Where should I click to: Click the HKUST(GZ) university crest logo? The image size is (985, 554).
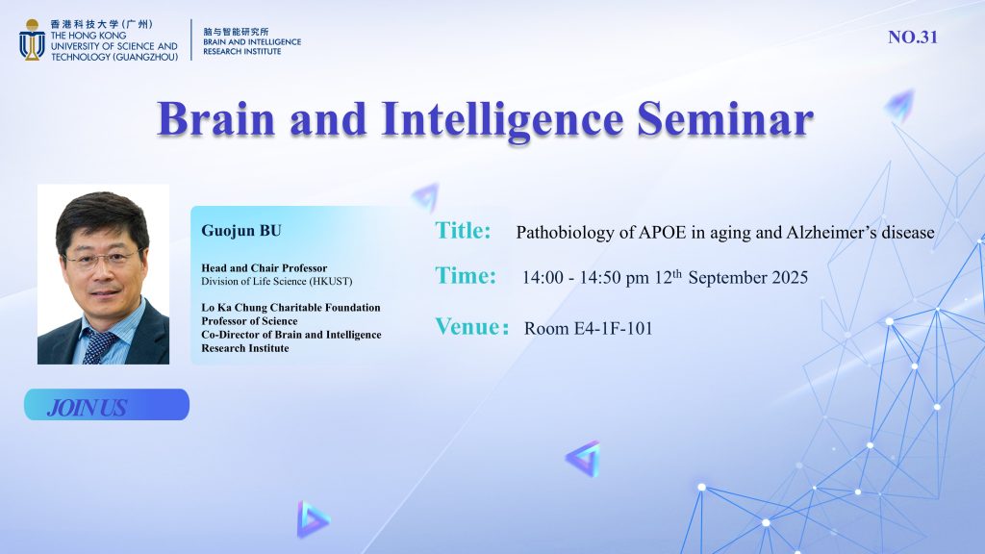[x=32, y=40]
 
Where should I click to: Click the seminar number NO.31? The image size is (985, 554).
[x=913, y=38]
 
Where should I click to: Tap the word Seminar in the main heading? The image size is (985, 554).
[x=725, y=119]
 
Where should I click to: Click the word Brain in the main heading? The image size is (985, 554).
[x=216, y=119]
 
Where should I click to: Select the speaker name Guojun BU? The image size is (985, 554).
[x=241, y=231]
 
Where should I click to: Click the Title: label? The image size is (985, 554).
[x=463, y=231]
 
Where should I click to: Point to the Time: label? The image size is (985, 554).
[x=466, y=276]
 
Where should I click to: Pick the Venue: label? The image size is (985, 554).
[x=471, y=327]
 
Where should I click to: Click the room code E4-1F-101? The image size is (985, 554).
[x=613, y=329]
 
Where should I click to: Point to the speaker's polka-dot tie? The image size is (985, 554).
[x=99, y=346]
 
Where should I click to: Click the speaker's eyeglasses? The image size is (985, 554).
[x=102, y=259]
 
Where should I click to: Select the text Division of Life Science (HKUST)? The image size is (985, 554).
[x=276, y=282]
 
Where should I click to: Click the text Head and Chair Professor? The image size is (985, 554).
[x=264, y=268]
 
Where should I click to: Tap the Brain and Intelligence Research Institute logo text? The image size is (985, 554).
[x=252, y=40]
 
